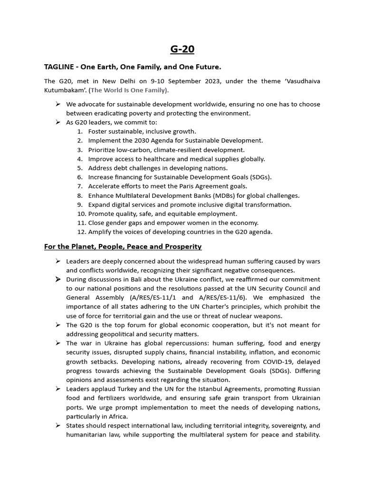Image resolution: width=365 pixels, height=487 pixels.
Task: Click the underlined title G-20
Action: (182, 49)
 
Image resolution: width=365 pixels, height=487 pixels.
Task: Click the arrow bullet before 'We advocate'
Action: (58, 104)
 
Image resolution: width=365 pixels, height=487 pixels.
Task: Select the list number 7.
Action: (80, 186)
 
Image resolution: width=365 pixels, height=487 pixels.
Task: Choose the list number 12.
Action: (81, 232)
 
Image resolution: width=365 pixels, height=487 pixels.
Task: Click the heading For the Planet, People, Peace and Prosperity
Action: (123, 246)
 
